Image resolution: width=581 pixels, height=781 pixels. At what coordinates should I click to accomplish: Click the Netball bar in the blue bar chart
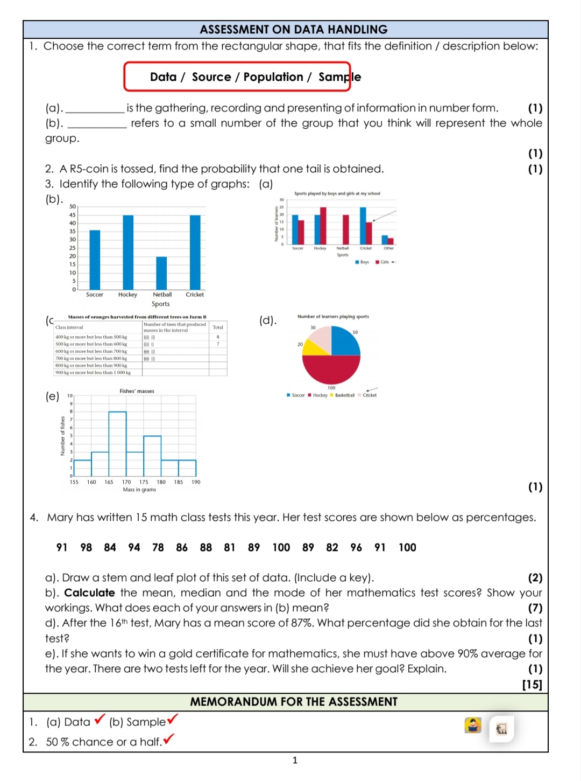click(x=161, y=273)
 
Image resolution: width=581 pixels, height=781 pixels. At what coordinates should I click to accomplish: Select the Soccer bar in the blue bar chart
click(x=95, y=260)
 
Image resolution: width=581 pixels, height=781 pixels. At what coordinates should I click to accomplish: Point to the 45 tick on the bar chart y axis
click(x=73, y=215)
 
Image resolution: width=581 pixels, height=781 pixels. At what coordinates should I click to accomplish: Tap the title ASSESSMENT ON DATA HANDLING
click(x=293, y=30)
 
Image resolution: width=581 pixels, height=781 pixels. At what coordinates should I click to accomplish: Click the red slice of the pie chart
click(x=331, y=369)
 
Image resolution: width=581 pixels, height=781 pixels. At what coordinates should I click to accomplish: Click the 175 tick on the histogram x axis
click(x=144, y=482)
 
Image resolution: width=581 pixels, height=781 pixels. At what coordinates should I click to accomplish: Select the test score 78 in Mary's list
click(x=158, y=548)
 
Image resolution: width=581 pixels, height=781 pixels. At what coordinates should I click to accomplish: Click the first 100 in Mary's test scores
click(x=281, y=548)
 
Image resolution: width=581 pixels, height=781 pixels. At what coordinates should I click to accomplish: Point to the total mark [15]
click(x=532, y=685)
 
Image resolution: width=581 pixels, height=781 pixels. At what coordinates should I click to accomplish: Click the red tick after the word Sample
click(x=173, y=719)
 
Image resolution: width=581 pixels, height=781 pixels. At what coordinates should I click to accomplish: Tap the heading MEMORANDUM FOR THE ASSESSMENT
click(x=293, y=702)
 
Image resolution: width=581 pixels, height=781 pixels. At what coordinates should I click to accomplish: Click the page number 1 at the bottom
click(x=294, y=761)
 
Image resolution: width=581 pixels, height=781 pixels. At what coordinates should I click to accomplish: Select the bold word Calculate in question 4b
click(x=89, y=593)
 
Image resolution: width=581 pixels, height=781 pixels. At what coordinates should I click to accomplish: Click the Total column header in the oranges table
click(x=218, y=327)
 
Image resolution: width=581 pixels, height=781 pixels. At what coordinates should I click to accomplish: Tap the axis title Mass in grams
click(x=139, y=490)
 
